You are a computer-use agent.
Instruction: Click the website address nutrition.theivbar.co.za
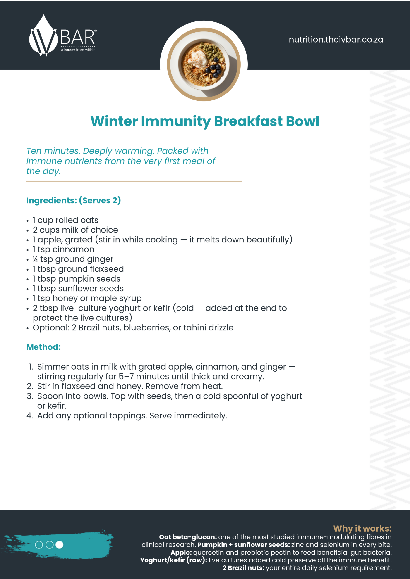(x=336, y=40)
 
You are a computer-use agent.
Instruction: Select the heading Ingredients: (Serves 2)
(x=74, y=200)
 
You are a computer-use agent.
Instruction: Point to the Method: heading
(x=43, y=347)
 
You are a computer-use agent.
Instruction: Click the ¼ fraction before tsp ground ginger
(x=35, y=259)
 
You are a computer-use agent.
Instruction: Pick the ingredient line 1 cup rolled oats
(x=65, y=220)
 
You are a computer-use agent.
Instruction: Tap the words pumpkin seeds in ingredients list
(x=89, y=279)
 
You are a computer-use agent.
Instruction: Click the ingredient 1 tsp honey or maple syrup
(x=87, y=299)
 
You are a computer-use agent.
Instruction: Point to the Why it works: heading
(x=362, y=528)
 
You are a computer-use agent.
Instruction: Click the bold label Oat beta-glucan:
(x=188, y=537)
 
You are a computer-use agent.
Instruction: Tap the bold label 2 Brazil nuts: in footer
(x=243, y=568)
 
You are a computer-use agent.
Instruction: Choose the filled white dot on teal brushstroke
(x=59, y=545)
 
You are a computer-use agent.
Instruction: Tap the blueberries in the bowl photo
(x=213, y=68)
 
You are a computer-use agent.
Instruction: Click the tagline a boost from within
(x=78, y=50)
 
